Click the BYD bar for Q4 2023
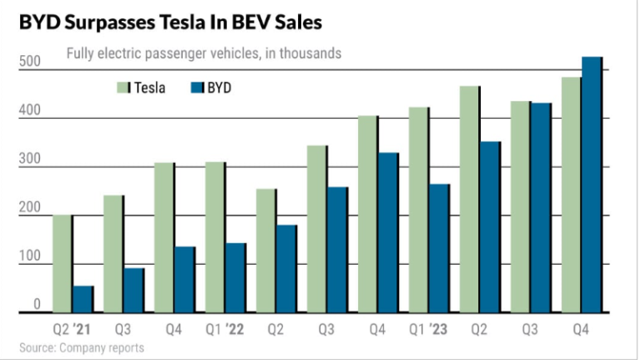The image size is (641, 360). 592,185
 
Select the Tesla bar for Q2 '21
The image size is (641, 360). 63,264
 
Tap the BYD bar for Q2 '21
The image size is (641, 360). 83,300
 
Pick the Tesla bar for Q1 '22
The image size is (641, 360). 215,237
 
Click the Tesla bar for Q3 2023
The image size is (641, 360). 521,207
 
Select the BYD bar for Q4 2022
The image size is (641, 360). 388,233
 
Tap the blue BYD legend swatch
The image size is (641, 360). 198,87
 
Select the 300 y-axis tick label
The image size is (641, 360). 31,160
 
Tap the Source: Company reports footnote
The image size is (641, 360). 82,347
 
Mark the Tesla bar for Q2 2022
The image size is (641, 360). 266,251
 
